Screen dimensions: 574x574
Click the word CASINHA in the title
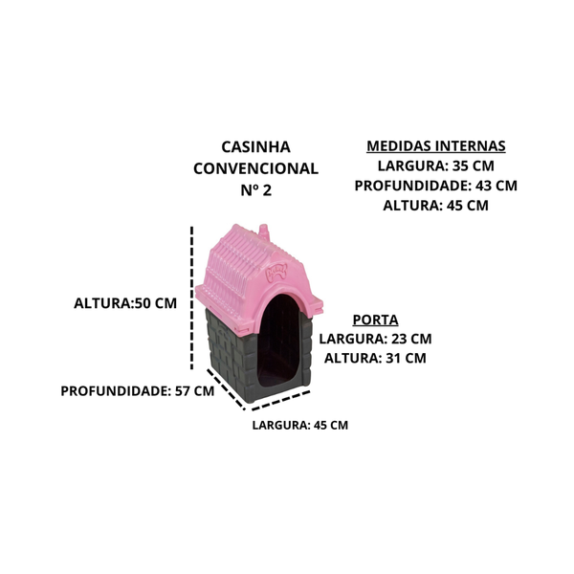255,147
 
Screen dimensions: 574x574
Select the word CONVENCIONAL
255,168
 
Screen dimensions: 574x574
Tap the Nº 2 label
256,190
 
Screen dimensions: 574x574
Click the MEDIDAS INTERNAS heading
436,146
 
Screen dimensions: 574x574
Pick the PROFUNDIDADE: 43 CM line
435,186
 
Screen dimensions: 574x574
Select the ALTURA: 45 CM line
435,206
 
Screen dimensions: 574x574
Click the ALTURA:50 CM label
125,303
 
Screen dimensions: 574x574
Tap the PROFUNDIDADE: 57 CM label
137,391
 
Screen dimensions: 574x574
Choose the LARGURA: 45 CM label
300,425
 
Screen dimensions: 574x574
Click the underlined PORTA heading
375,320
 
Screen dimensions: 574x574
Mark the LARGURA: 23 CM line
375,339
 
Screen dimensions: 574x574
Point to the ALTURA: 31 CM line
375,358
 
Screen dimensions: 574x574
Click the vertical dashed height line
192,298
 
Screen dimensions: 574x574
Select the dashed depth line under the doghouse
226,389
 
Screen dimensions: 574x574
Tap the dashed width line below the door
281,400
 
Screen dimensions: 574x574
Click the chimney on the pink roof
264,232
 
